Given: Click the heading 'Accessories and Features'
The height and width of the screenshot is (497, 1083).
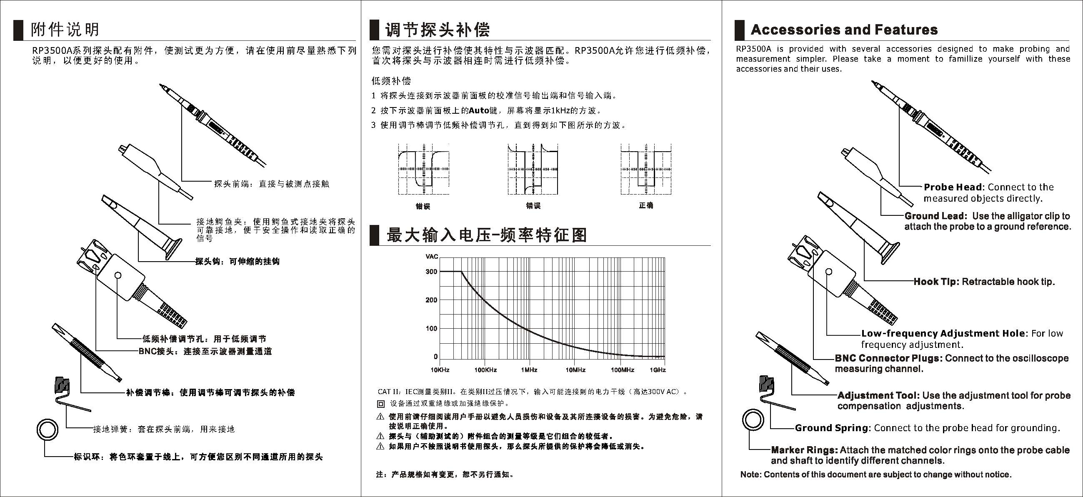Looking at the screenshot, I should pyautogui.click(x=844, y=30).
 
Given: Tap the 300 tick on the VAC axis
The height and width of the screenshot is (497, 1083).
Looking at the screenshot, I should pyautogui.click(x=431, y=272).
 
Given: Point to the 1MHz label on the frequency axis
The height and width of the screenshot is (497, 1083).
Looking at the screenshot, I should pyautogui.click(x=529, y=370).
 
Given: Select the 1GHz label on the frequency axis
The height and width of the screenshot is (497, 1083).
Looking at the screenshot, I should pyautogui.click(x=658, y=370).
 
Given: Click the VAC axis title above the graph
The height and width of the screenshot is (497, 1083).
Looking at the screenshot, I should pyautogui.click(x=432, y=257).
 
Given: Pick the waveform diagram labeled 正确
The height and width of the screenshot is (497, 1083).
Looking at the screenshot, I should pyautogui.click(x=646, y=170).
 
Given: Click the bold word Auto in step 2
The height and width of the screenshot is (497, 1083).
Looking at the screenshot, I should pyautogui.click(x=479, y=110).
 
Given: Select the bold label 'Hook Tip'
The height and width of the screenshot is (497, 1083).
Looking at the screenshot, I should pyautogui.click(x=936, y=282).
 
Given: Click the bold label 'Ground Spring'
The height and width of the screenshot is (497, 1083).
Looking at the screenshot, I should pyautogui.click(x=831, y=428).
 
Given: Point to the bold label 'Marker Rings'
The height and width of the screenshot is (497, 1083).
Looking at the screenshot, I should pyautogui.click(x=804, y=450).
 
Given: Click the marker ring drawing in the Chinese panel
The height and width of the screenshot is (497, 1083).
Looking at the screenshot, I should pyautogui.click(x=47, y=430).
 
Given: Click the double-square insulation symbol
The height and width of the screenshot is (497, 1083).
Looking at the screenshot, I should pyautogui.click(x=380, y=404).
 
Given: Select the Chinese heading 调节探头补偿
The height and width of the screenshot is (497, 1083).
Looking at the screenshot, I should pyautogui.click(x=438, y=30).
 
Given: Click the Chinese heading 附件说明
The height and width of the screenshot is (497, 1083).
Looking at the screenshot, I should pyautogui.click(x=65, y=30).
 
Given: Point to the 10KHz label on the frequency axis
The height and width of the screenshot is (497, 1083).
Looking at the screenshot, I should pyautogui.click(x=440, y=370).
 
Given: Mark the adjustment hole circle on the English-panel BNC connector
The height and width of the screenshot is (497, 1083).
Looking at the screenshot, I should pyautogui.click(x=829, y=272).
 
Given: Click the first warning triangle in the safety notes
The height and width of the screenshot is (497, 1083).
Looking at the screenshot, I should pyautogui.click(x=380, y=417).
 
